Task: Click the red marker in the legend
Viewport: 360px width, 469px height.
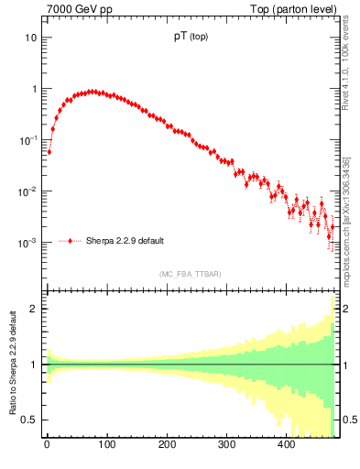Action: point(71,242)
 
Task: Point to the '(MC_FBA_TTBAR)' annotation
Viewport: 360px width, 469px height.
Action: point(190,274)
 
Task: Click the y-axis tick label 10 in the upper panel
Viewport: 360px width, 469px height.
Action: point(31,38)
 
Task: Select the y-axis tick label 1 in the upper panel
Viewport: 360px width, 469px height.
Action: point(34,90)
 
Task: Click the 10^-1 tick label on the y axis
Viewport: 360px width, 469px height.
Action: point(28,140)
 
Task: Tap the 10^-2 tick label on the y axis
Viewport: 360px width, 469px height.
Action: point(28,191)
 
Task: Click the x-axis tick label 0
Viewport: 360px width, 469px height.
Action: point(47,446)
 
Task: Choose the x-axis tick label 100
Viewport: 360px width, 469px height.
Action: point(106,446)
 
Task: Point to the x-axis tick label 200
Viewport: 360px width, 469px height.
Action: point(167,446)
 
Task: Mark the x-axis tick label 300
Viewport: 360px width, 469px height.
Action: point(226,446)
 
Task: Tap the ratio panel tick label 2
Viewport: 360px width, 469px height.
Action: point(34,309)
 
